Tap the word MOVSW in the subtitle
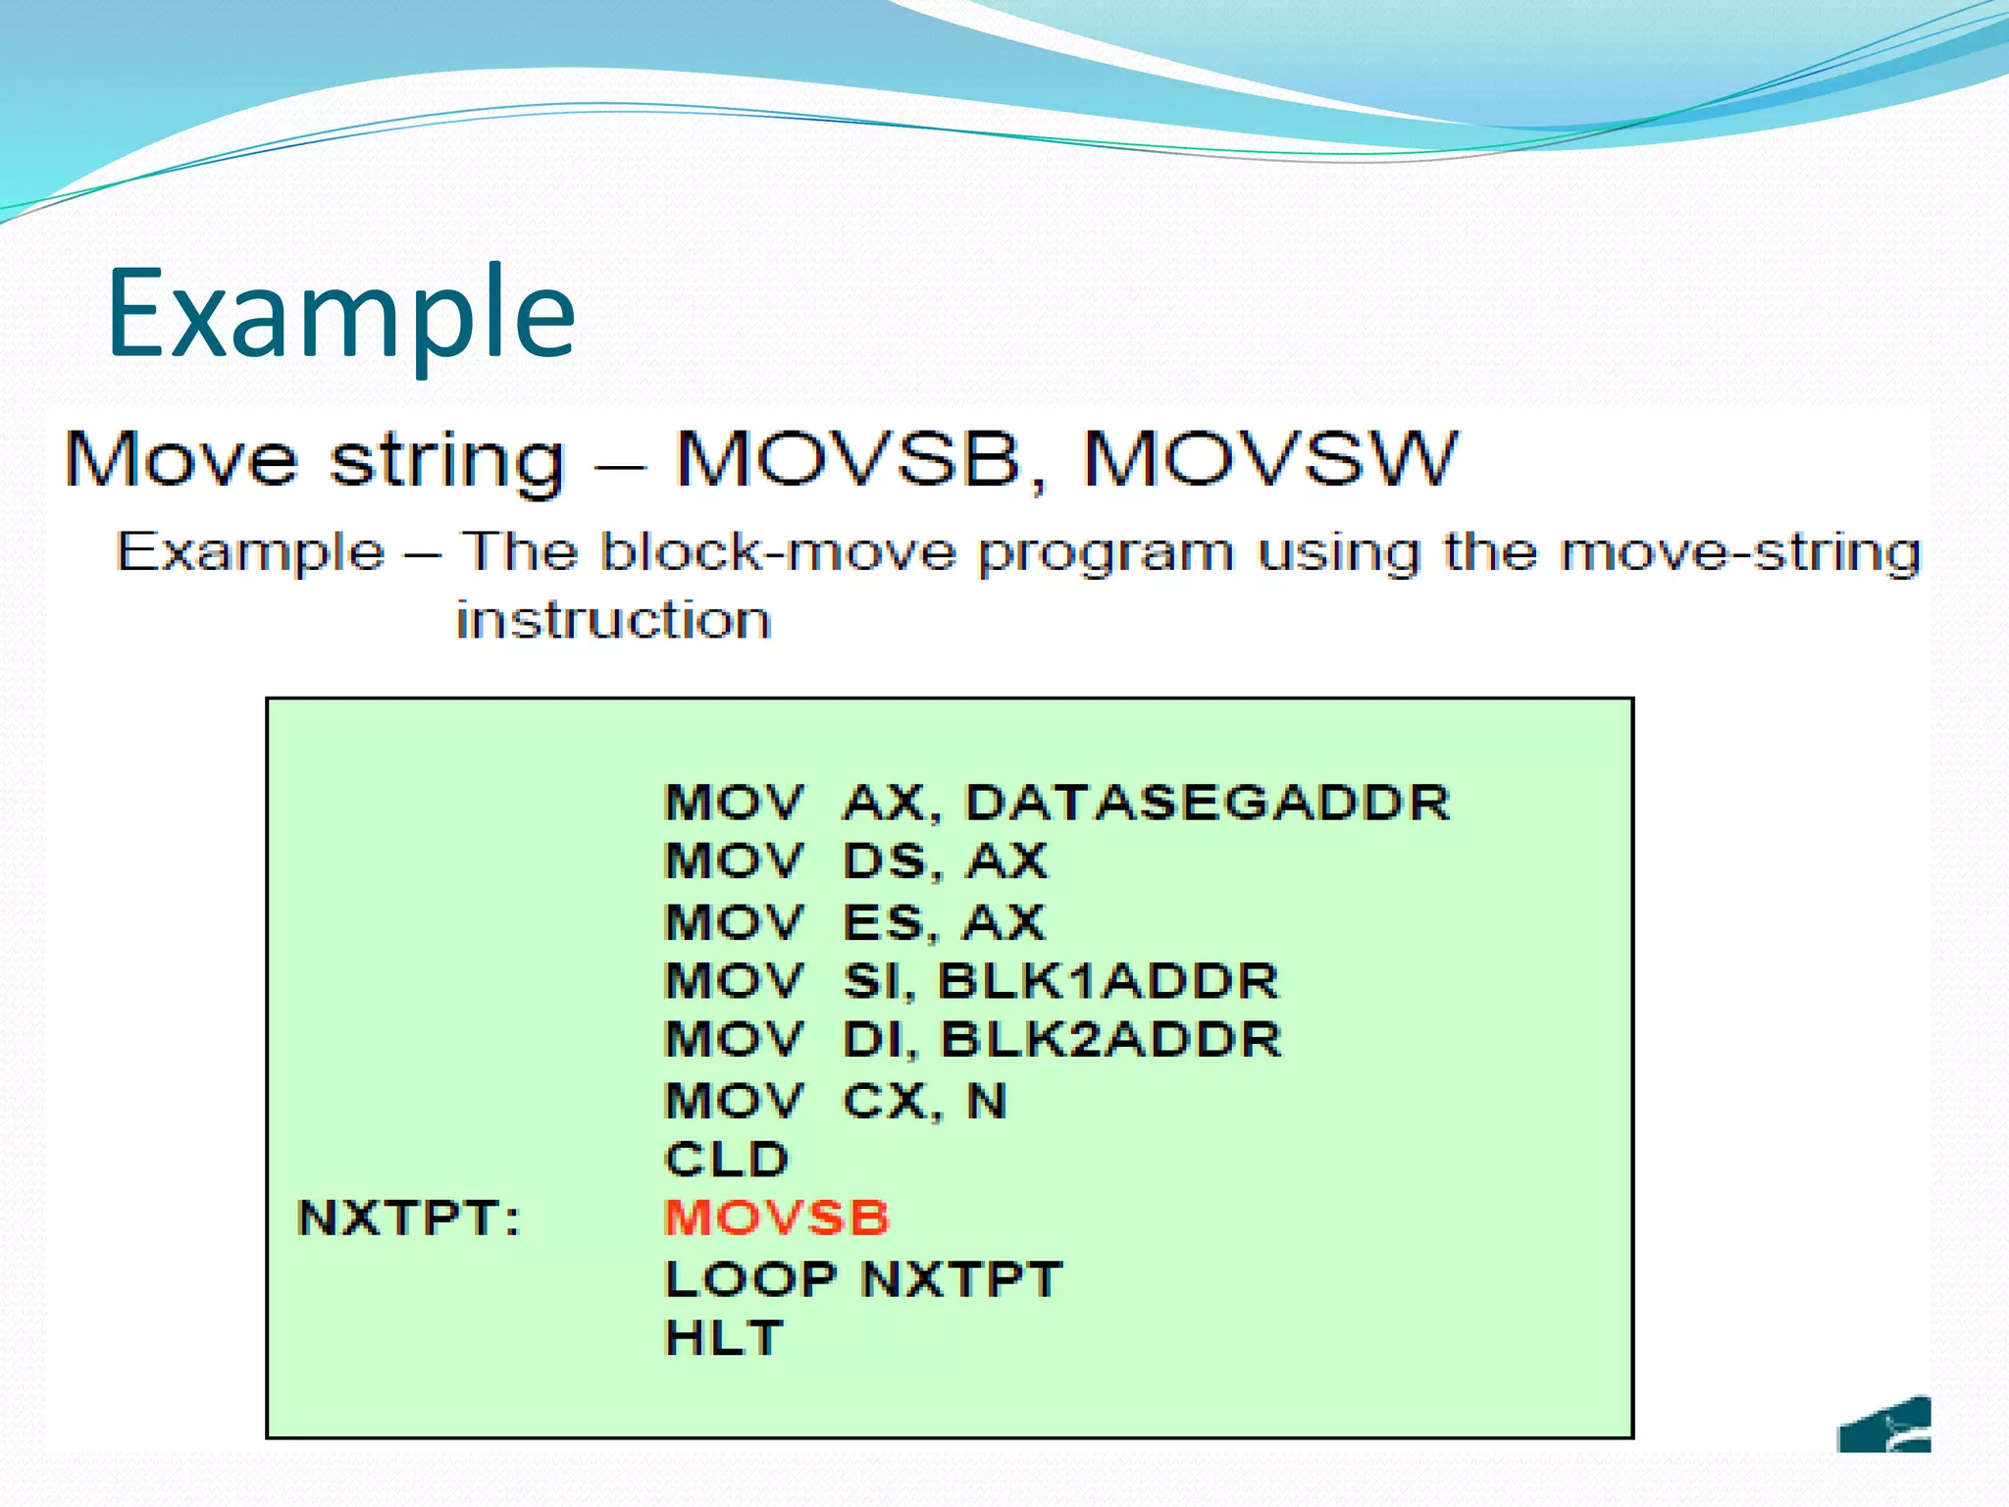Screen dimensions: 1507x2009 click(1270, 459)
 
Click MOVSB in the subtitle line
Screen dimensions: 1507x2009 click(849, 459)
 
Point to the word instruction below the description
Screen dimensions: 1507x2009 click(614, 621)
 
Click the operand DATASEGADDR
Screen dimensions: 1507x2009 click(1208, 803)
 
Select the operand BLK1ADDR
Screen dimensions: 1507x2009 click(1108, 981)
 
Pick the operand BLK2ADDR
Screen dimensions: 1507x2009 click(1110, 1040)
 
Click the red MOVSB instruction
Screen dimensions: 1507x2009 click(776, 1219)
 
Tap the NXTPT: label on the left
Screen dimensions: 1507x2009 click(408, 1220)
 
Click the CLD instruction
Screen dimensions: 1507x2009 click(726, 1160)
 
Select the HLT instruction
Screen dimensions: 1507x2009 click(724, 1338)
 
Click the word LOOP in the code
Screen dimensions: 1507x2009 click(750, 1279)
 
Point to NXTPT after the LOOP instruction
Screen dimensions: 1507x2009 click(961, 1279)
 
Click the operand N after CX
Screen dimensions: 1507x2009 click(987, 1101)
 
